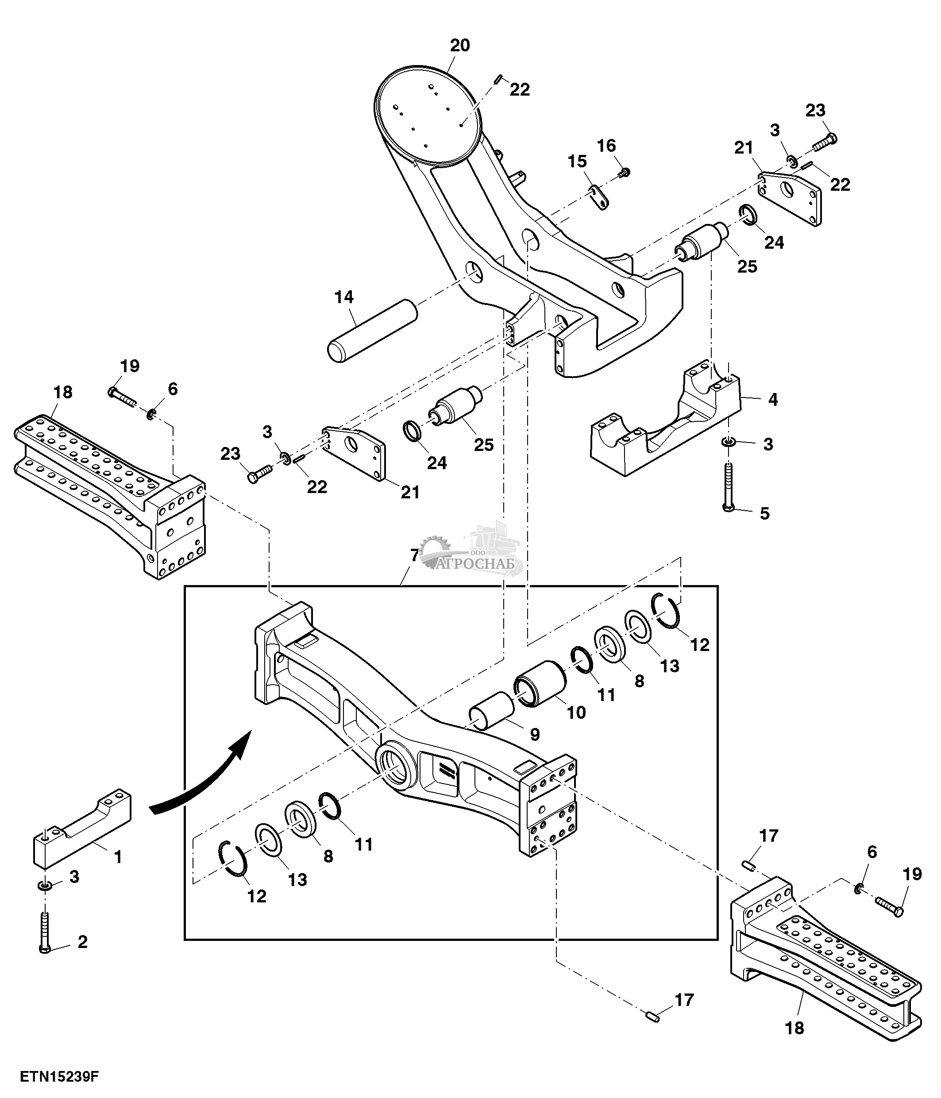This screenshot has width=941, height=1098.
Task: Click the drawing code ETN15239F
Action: pyautogui.click(x=59, y=1076)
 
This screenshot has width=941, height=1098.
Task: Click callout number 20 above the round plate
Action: pyautogui.click(x=460, y=46)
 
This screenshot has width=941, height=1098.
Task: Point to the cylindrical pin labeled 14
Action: pyautogui.click(x=371, y=331)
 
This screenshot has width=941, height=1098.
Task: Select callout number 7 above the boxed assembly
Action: pyautogui.click(x=415, y=555)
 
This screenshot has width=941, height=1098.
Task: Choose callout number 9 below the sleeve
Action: pyautogui.click(x=535, y=735)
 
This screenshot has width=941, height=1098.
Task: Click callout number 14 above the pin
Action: pyautogui.click(x=344, y=297)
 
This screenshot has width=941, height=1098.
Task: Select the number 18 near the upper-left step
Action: pyautogui.click(x=63, y=392)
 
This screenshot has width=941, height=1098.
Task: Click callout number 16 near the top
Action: pyautogui.click(x=607, y=145)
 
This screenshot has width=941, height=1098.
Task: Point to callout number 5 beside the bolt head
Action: pyautogui.click(x=764, y=513)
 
